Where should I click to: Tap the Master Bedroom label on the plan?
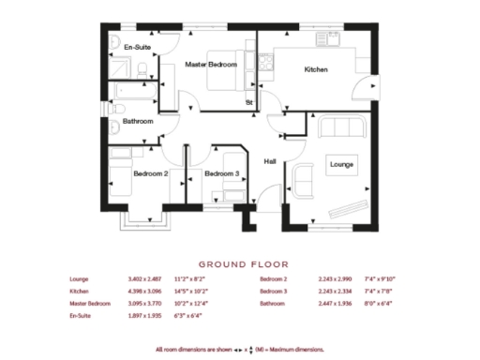(210, 65)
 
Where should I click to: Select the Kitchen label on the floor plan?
(315, 70)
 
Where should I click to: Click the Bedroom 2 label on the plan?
(150, 173)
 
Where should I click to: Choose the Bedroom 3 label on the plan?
(221, 173)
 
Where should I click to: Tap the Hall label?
(270, 160)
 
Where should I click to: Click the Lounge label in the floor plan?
(340, 165)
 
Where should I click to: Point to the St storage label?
(249, 101)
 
